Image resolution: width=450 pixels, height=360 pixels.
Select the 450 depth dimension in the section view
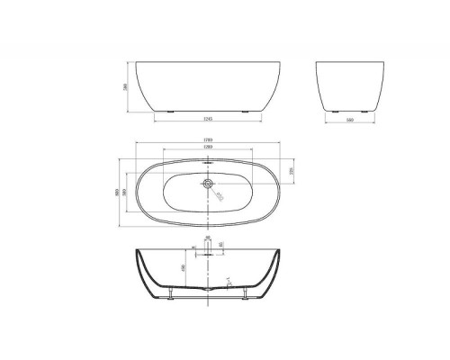pos(185,266)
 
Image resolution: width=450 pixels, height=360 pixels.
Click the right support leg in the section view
pos(245,294)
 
